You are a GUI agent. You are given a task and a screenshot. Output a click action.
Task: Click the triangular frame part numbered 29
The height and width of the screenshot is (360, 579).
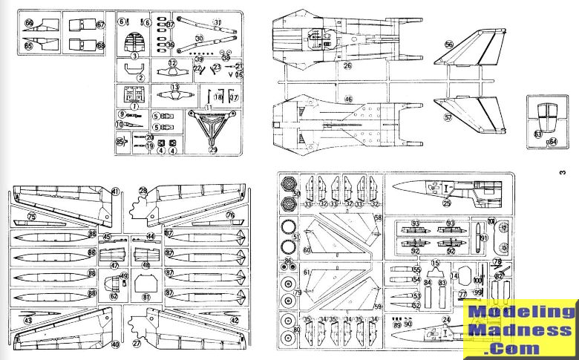(213, 131)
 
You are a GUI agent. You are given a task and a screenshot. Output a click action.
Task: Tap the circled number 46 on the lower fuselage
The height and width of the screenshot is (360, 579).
(347, 98)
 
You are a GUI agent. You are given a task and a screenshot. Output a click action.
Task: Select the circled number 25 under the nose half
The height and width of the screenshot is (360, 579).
(447, 203)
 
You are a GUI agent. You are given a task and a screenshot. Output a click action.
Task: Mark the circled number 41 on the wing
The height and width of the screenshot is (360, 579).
(115, 192)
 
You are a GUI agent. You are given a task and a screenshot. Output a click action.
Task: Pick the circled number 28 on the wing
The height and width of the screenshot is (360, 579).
(143, 192)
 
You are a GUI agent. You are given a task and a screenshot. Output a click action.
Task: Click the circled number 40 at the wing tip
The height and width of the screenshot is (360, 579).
(115, 344)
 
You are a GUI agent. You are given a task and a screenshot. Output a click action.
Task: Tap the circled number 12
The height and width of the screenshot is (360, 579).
(172, 64)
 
